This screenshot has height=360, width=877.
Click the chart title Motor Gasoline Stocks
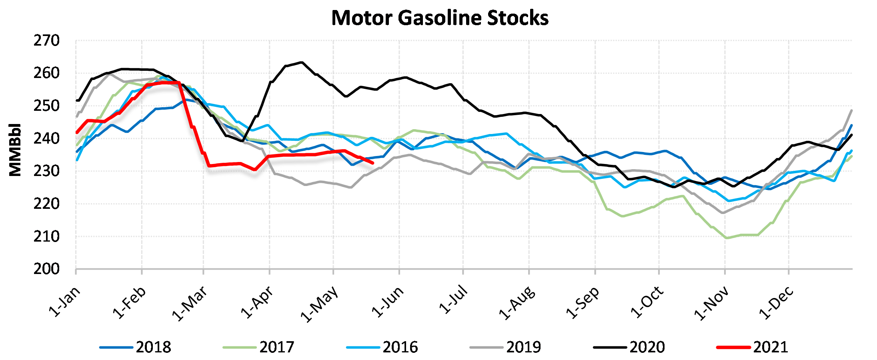click(440, 18)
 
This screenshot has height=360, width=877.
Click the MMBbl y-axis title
click(15, 150)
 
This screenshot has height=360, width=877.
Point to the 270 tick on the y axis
click(46, 41)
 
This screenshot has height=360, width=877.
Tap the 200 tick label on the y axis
click(46, 269)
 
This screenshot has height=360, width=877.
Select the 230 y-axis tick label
click(46, 171)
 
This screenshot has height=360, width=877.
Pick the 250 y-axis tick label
click(46, 106)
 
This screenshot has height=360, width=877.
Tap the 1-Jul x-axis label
click(453, 300)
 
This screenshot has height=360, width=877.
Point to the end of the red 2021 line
click(373, 163)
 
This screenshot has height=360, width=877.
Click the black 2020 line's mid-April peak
click(302, 62)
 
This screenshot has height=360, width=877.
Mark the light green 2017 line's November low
click(727, 238)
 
